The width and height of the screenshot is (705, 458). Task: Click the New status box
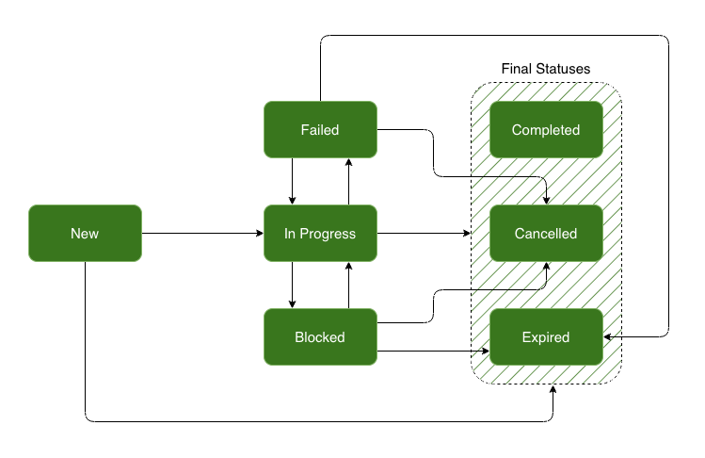[x=85, y=233]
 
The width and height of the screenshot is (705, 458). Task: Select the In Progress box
[x=320, y=233]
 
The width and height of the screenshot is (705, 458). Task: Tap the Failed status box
[x=320, y=129]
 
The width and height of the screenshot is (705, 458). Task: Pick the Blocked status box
[x=320, y=336]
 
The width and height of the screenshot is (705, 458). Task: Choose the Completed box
[x=546, y=129]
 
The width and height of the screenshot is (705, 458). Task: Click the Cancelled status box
[x=546, y=233]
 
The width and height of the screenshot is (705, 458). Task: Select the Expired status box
[x=546, y=336]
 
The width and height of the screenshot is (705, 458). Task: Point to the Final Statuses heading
[x=546, y=70]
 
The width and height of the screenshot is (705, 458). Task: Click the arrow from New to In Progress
[x=202, y=233]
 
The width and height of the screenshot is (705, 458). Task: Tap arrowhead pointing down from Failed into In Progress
[x=293, y=200]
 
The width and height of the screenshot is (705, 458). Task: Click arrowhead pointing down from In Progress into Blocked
[x=293, y=303]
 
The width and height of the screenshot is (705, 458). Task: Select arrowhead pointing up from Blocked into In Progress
[x=349, y=267]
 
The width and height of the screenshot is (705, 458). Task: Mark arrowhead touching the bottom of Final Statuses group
[x=553, y=389]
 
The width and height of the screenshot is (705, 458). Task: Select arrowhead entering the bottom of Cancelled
[x=548, y=267]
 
